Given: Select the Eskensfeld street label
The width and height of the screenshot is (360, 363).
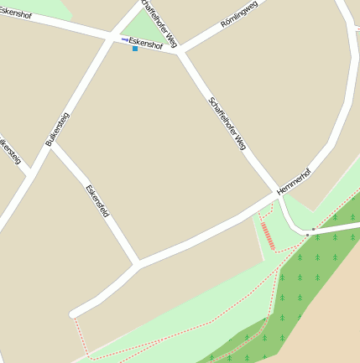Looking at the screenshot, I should (98, 201).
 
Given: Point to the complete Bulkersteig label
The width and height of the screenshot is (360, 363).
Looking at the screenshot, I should (57, 130).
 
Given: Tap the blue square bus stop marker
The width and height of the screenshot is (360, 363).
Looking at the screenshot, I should (135, 49).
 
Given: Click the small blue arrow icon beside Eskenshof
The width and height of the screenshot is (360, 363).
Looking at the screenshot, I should (125, 39).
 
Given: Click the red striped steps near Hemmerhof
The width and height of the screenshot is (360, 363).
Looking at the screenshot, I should (268, 236).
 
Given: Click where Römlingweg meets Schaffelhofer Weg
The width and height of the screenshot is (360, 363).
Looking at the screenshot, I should (179, 51).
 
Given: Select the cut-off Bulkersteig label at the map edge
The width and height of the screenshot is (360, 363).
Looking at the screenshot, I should (8, 148).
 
